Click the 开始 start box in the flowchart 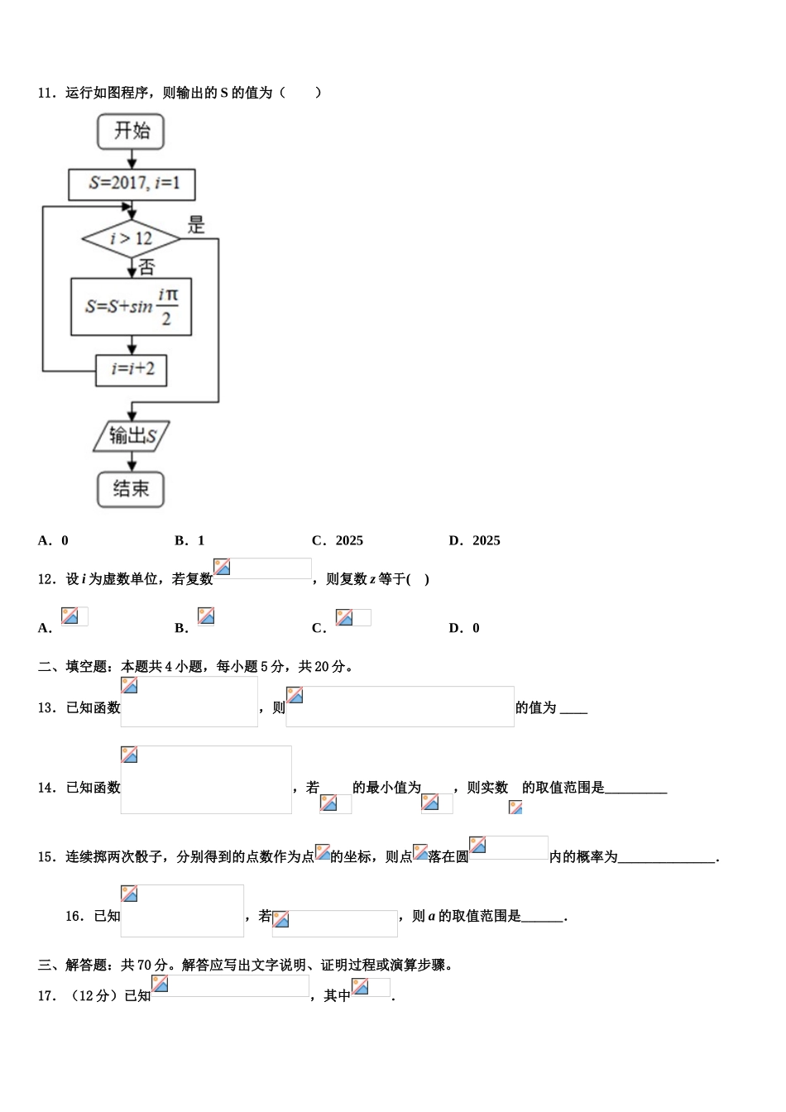(131, 132)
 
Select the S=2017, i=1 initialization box (132, 184)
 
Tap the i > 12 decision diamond (131, 239)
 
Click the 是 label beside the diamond (196, 224)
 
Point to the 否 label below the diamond (146, 267)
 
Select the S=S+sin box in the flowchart (132, 307)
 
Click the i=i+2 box (132, 369)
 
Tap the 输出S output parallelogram (132, 436)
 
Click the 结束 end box (131, 489)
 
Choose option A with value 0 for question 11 (54, 541)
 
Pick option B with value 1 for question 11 (190, 541)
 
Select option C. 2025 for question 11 (338, 541)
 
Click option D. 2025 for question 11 (475, 541)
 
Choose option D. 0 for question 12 (464, 628)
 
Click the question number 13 (46, 708)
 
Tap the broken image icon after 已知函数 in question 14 (129, 755)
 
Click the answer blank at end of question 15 (667, 857)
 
